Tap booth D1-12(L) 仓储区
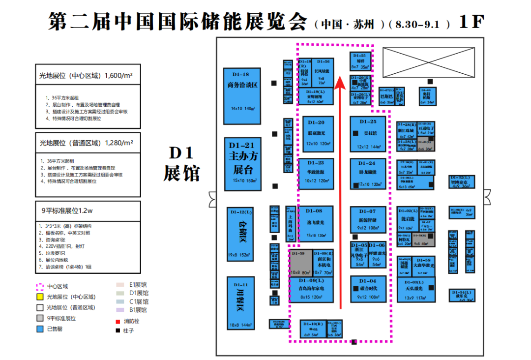tap(240, 234)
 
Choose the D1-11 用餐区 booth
tap(240, 302)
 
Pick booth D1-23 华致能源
tap(316, 174)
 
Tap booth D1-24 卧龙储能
tap(368, 174)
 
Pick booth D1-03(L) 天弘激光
tap(415, 290)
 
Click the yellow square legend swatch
tap(40, 297)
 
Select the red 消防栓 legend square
tap(118, 321)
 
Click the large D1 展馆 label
tap(182, 163)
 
